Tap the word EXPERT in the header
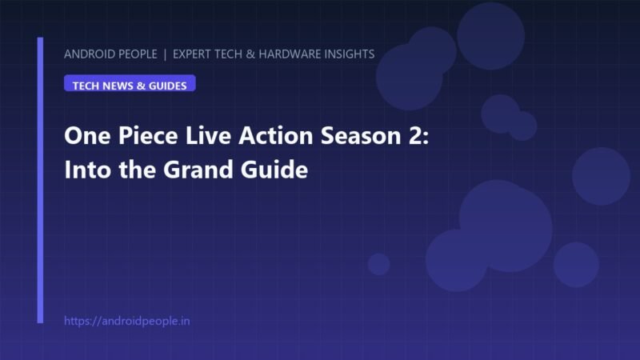pos(192,54)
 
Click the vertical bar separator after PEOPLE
pos(165,54)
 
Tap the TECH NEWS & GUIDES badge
pos(130,83)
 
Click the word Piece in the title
pos(148,135)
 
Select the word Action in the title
pos(276,135)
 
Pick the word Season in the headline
pos(362,135)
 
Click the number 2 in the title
pos(416,135)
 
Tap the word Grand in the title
pos(198,170)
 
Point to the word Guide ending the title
pos(274,170)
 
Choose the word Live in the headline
pos(208,135)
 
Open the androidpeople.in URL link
pos(127,322)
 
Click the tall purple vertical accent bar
pos(40,181)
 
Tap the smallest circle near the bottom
pos(378,264)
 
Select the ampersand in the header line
pos(250,54)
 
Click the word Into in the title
pos(88,170)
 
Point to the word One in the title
pos(87,135)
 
